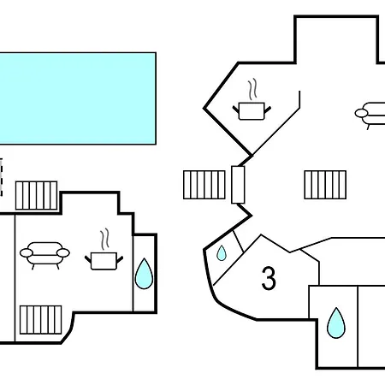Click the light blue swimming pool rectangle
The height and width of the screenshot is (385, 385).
pos(78,98)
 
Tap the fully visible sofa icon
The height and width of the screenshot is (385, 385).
pos(44,256)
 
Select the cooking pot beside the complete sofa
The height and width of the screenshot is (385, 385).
pos(104,261)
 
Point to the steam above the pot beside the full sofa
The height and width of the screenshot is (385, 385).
pos(104,239)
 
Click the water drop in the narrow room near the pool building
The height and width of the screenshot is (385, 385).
pos(144,274)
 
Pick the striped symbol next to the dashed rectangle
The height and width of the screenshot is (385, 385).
pos(37,196)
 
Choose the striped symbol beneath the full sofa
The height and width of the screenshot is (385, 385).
pos(40,320)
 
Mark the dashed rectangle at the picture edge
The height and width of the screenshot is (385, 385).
pos(1,177)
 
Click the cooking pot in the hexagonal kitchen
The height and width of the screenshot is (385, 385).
pos(252,111)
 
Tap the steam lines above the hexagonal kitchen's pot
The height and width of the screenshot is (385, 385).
pos(252,89)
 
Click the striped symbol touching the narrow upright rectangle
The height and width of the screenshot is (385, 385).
pos(204,185)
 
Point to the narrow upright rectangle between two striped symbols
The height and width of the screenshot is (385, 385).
pos(238,185)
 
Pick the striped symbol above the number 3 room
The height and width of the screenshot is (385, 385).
pos(325,185)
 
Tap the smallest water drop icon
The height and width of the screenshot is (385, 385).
pos(222,253)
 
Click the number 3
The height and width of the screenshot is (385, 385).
pos(269,278)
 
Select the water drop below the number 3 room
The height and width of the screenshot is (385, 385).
pos(336,323)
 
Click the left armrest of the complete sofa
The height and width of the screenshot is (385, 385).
pos(27,252)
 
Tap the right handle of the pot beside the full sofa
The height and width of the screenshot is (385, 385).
pos(120,259)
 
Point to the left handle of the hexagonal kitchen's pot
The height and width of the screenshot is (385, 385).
pos(236,110)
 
